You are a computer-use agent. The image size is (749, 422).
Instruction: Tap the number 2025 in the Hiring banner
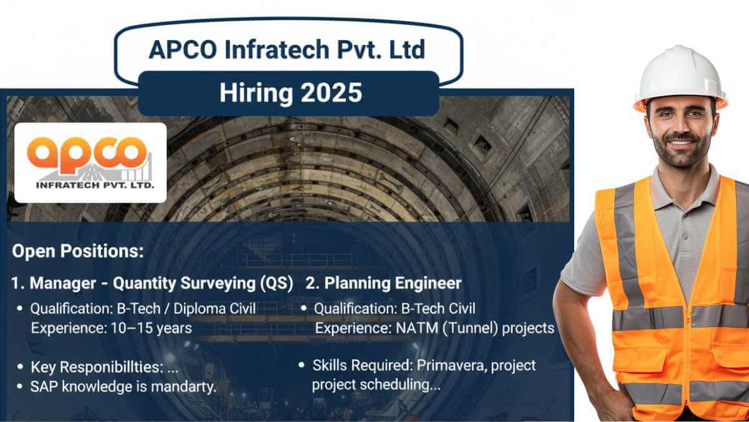(330, 93)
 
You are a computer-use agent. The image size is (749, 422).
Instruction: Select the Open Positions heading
(78, 252)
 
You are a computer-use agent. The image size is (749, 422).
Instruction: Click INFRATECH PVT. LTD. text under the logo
(90, 185)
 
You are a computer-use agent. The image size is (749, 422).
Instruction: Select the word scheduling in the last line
(394, 385)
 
